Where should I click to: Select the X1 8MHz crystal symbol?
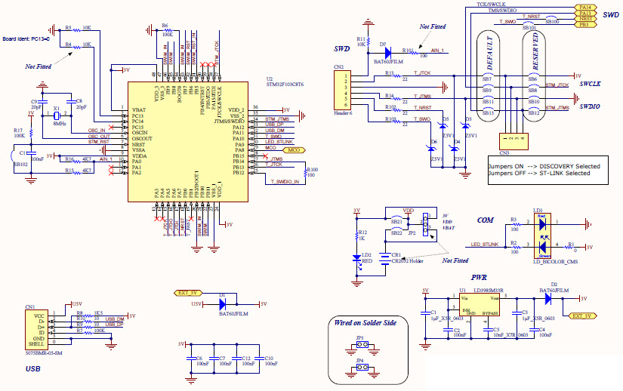[56, 115]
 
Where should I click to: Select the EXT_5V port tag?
[187, 292]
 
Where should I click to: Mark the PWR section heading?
[479, 277]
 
